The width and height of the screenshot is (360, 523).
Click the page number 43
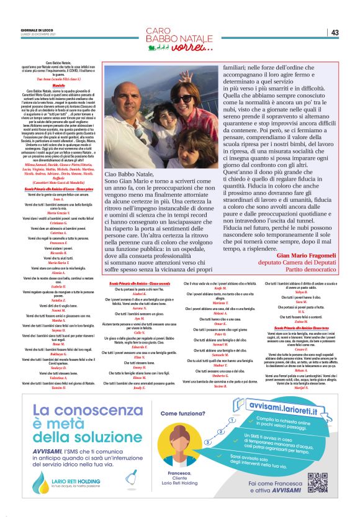(x=335, y=32)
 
